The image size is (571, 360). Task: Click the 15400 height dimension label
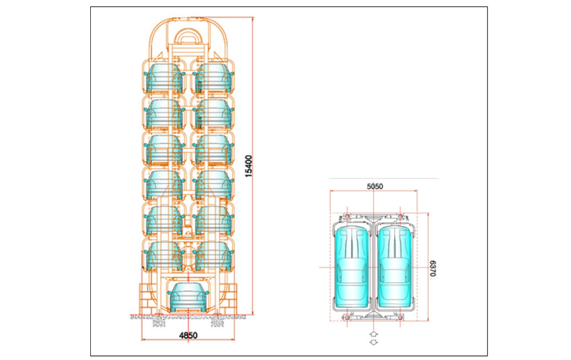(248, 165)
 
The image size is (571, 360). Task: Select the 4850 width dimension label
(187, 335)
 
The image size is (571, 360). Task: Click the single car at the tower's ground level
(187, 295)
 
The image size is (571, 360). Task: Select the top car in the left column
(164, 78)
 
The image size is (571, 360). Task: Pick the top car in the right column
(212, 78)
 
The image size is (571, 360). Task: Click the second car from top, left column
(164, 114)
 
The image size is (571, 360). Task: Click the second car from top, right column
(212, 114)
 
